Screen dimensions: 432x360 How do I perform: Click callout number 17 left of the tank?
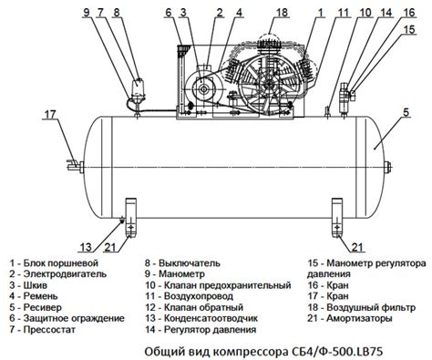tap(50, 115)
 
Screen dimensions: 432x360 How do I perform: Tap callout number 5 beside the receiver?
tap(406, 112)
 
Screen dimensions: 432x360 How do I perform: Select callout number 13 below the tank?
tap(86, 247)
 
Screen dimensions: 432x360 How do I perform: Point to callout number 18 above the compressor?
tap(282, 13)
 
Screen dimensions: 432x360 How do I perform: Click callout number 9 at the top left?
tap(87, 13)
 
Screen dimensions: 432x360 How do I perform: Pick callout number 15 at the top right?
tap(409, 29)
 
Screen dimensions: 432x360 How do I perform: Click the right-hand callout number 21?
tap(357, 247)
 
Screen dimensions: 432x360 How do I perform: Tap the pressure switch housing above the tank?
tap(138, 89)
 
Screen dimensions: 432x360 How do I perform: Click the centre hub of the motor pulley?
tap(202, 89)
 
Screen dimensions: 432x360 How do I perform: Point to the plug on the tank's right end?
tap(388, 167)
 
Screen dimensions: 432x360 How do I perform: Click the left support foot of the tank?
tap(130, 217)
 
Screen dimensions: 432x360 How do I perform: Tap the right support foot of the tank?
tap(337, 217)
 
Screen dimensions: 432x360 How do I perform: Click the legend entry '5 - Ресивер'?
tap(36, 307)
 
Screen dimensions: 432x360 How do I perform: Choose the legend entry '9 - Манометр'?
tap(175, 274)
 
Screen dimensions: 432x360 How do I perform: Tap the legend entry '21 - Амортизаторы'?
tap(350, 318)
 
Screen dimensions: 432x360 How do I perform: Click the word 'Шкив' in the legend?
tap(36, 285)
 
